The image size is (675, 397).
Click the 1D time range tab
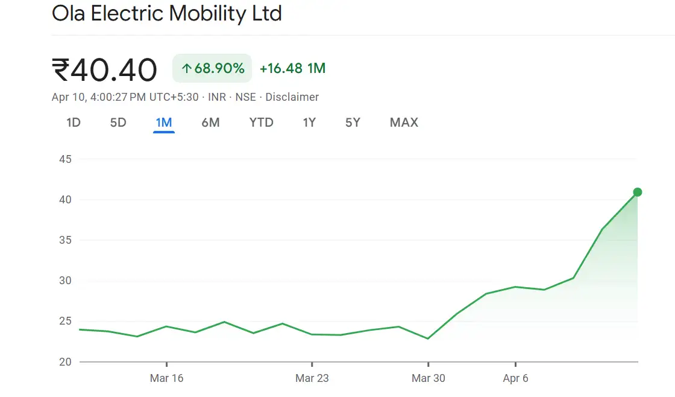click(74, 122)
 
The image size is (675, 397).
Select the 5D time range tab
click(118, 122)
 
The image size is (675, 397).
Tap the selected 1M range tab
click(164, 122)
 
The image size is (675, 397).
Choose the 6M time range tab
click(210, 122)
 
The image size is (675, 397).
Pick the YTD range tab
click(262, 122)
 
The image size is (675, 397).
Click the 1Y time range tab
click(309, 122)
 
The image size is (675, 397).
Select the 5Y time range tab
click(353, 122)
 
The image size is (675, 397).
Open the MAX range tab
click(404, 122)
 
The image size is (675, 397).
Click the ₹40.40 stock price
click(105, 69)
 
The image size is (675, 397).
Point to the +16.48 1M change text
click(292, 68)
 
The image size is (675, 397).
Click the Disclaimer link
click(292, 97)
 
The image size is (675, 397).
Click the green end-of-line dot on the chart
click(638, 192)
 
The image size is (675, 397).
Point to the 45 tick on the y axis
click(66, 159)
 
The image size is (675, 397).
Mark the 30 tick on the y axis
click(66, 281)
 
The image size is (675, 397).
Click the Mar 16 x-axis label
click(166, 378)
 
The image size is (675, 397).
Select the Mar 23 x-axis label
click(312, 378)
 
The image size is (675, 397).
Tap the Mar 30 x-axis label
click(429, 378)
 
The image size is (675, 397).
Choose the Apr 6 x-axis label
click(515, 378)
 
